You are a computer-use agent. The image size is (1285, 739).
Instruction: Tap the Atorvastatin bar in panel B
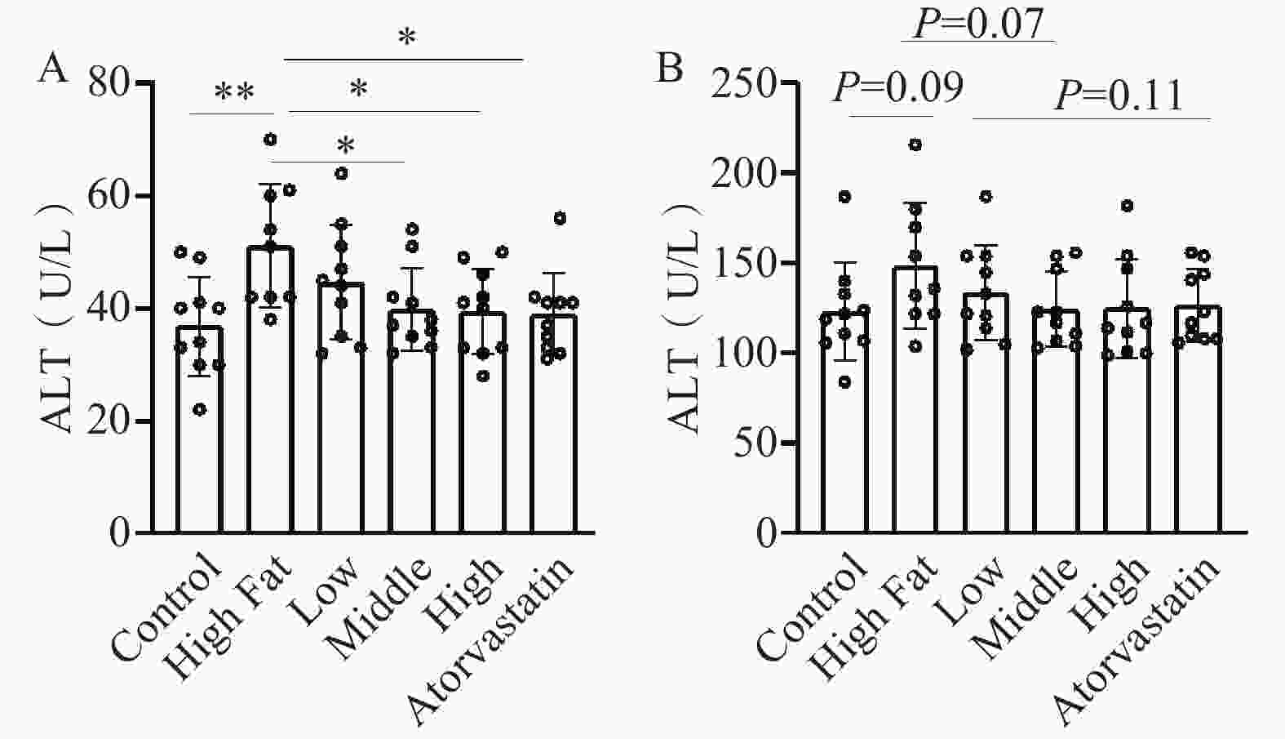coord(1198,420)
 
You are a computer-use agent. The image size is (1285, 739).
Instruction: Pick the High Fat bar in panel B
coord(915,400)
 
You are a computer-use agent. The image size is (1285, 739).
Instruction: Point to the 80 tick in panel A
coord(109,83)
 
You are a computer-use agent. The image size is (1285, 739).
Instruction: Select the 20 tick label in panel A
coord(109,421)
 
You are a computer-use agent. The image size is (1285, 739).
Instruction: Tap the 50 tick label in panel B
coord(755,443)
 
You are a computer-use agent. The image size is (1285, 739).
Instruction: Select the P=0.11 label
coord(1119,95)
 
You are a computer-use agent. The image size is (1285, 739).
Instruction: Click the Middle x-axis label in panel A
coord(379,609)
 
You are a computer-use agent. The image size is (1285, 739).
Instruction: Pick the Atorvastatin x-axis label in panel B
coord(1138,640)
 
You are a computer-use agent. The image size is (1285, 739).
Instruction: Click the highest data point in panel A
coord(270,139)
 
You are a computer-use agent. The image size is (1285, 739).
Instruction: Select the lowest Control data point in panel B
coord(844,382)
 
